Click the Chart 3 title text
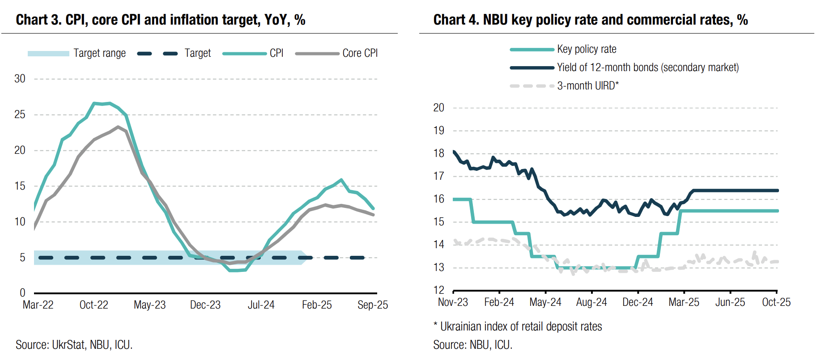160,20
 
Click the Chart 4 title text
590,20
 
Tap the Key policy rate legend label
586,49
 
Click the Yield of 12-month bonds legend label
647,68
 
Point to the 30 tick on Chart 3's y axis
20,79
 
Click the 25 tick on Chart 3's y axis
20,114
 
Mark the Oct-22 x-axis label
94,305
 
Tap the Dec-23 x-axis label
205,305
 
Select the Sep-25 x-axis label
373,305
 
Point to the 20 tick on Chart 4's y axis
438,108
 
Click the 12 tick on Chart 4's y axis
438,290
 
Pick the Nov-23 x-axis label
453,302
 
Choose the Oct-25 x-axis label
776,302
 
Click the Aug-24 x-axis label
591,302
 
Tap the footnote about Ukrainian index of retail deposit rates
518,326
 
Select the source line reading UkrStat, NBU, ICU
74,345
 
